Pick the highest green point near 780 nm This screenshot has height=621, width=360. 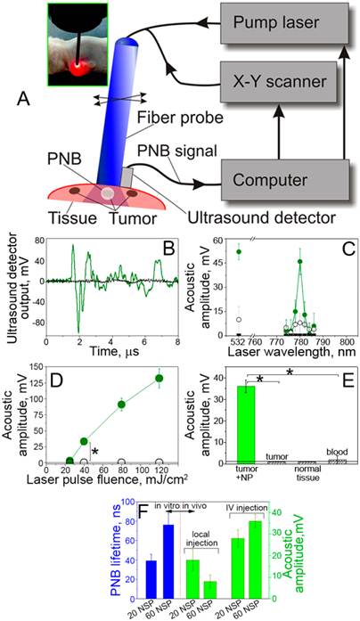click(x=300, y=262)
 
